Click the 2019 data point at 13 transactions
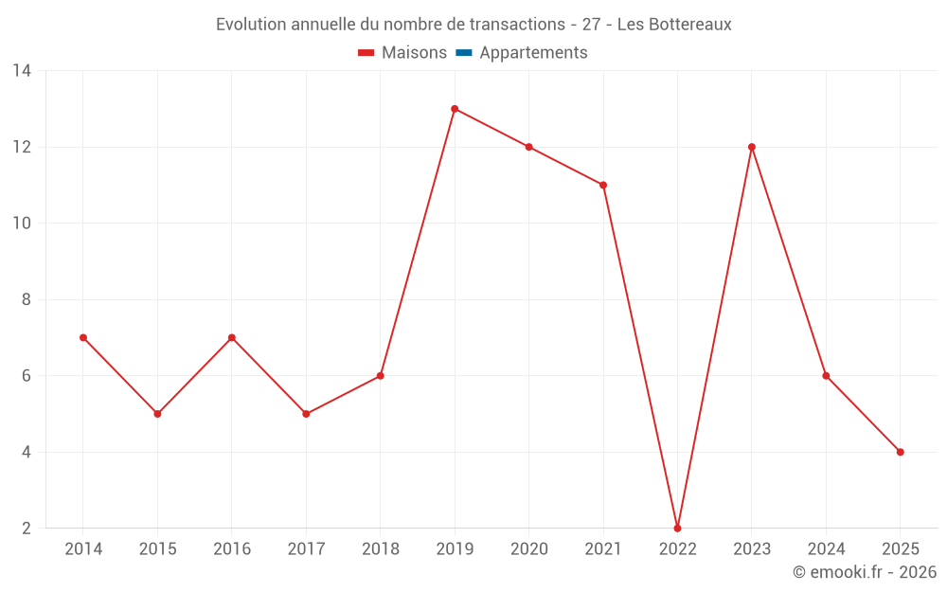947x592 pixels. pyautogui.click(x=455, y=109)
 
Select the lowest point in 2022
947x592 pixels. pyautogui.click(x=677, y=528)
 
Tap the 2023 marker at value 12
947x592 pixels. pyautogui.click(x=752, y=147)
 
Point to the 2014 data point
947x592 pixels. pyautogui.click(x=83, y=337)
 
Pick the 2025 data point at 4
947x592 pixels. pyautogui.click(x=900, y=452)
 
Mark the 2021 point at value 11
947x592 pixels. pyautogui.click(x=603, y=185)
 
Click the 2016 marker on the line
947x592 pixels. pyautogui.click(x=232, y=337)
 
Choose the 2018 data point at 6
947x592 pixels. pyautogui.click(x=380, y=376)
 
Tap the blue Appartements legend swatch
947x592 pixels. pyautogui.click(x=464, y=53)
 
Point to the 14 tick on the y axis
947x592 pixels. pyautogui.click(x=22, y=71)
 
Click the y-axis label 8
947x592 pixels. pyautogui.click(x=27, y=299)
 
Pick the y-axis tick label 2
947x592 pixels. pyautogui.click(x=27, y=528)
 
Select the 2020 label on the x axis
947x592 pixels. pyautogui.click(x=528, y=548)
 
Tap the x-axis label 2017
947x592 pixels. pyautogui.click(x=306, y=548)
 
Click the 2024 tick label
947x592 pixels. pyautogui.click(x=826, y=548)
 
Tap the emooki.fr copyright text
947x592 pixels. pyautogui.click(x=864, y=572)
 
